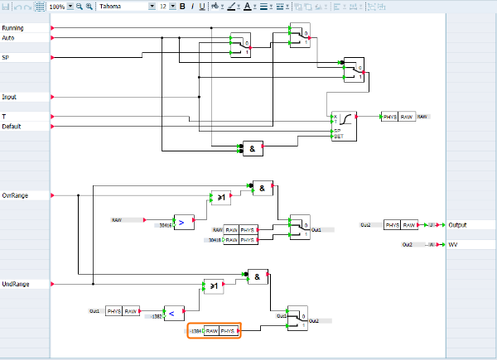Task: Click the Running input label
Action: (x=12, y=28)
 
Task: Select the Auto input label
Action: (x=8, y=38)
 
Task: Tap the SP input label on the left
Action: (x=6, y=58)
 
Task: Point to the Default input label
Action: (x=11, y=127)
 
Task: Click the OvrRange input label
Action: (x=15, y=195)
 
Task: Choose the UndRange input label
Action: (x=16, y=284)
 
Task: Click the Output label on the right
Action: (x=457, y=225)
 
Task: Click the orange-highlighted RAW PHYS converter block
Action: (x=214, y=331)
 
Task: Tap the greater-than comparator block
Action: (x=181, y=222)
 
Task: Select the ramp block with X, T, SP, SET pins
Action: (x=344, y=125)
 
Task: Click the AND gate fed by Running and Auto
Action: (x=252, y=147)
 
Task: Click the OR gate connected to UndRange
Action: (x=213, y=286)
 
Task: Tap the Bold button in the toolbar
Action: (x=181, y=6)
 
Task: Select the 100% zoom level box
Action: (x=56, y=6)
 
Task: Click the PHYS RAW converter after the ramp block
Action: (x=398, y=118)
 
